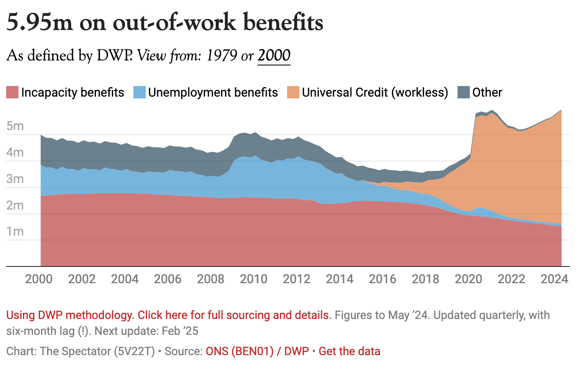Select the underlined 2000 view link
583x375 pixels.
point(274,56)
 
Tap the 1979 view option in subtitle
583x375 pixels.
point(223,56)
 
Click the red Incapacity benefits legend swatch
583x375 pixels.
point(12,93)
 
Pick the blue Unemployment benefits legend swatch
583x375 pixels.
point(139,93)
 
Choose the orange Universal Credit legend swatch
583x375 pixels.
point(293,93)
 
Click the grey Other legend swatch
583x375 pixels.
point(463,93)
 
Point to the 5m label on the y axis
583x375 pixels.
point(15,127)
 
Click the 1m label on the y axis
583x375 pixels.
point(15,232)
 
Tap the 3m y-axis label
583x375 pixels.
point(15,180)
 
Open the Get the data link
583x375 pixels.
point(349,352)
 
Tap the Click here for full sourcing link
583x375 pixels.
point(234,315)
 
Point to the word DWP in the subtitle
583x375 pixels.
point(115,56)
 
